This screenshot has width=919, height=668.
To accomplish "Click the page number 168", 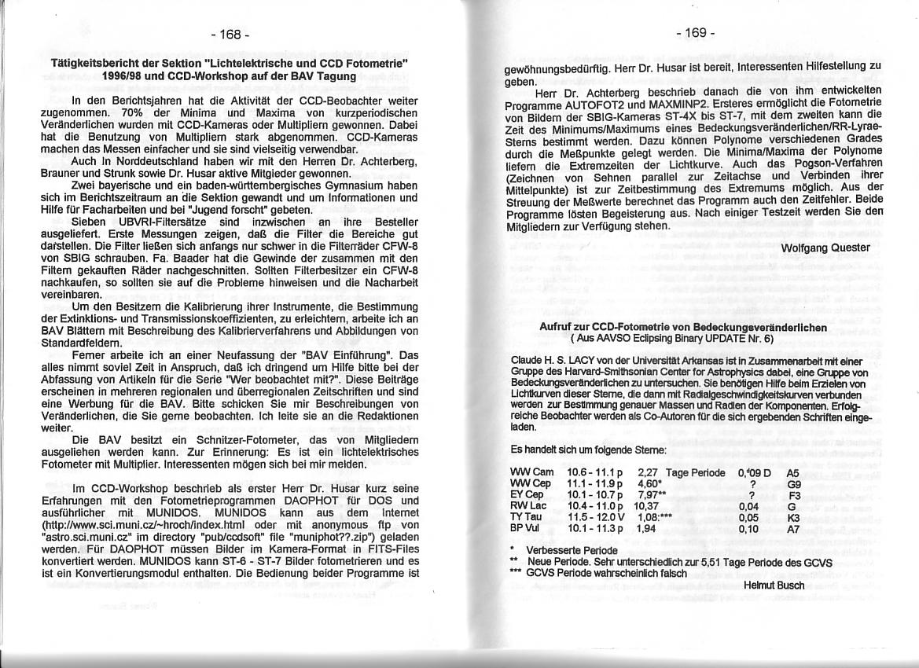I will (230, 35).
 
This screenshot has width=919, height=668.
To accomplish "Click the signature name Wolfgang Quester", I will (826, 248).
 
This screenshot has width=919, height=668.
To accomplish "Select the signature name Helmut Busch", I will (774, 585).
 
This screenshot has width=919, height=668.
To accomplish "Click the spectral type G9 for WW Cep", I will (793, 484).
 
